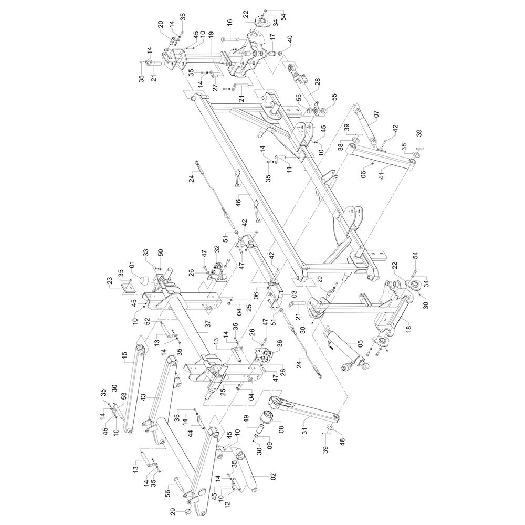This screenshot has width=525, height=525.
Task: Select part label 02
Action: click(273, 478)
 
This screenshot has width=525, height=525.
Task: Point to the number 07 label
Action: click(376, 114)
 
